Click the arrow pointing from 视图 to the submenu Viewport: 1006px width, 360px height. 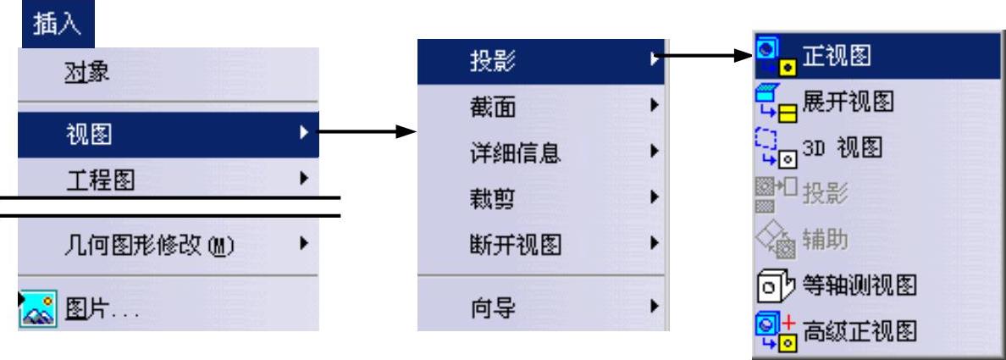pyautogui.click(x=369, y=132)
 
